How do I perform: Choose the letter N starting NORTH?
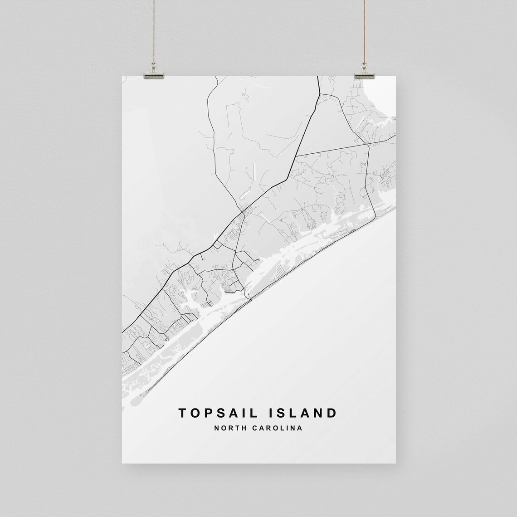coord(218,428)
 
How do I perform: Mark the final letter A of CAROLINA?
coord(300,428)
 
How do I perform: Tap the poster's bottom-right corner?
coord(396,463)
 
